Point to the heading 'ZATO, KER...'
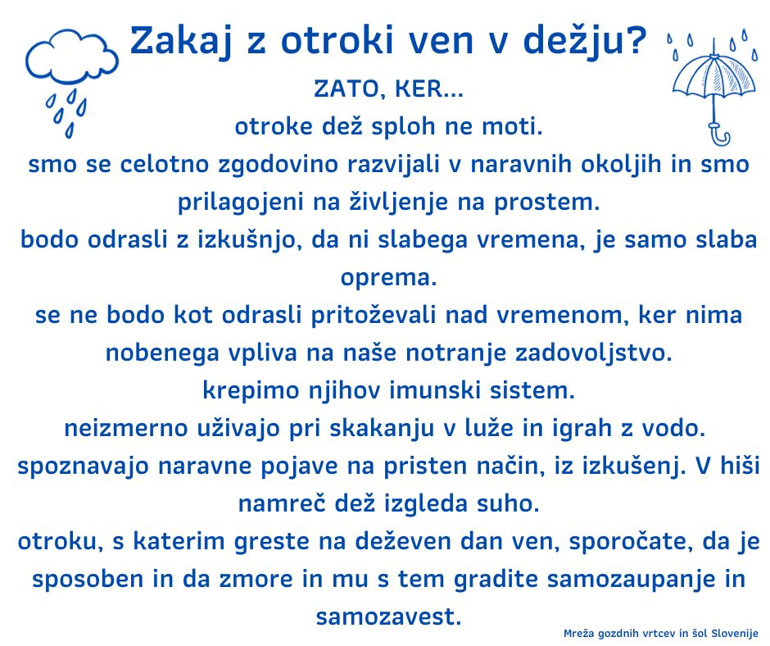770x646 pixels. [388, 89]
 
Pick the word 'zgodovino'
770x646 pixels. [278, 165]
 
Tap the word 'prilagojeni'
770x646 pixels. [241, 202]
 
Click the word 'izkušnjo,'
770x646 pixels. [250, 240]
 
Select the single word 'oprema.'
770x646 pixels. [388, 278]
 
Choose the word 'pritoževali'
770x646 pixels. [374, 316]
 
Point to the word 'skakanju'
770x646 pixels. [382, 429]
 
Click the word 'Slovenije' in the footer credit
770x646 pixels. [735, 634]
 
